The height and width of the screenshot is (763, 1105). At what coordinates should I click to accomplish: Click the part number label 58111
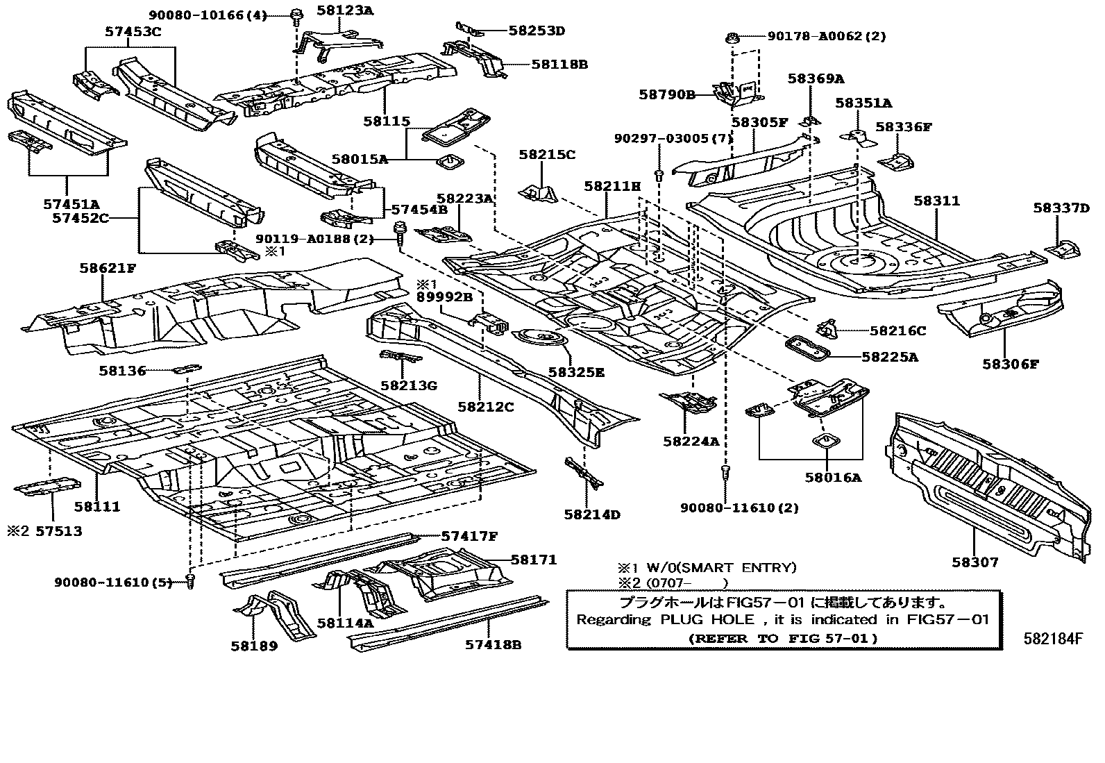click(x=97, y=506)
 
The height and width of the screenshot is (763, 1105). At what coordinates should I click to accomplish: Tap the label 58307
click(x=975, y=562)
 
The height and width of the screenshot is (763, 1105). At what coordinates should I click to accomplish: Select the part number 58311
click(x=937, y=201)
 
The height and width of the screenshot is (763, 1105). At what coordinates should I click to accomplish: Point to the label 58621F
click(x=108, y=268)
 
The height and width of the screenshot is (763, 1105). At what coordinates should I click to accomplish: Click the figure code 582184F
click(x=1053, y=639)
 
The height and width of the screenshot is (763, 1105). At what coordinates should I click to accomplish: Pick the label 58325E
click(x=576, y=372)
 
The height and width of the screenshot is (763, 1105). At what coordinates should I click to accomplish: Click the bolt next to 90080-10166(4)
click(x=296, y=16)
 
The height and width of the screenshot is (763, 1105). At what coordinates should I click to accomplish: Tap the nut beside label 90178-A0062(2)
click(x=732, y=37)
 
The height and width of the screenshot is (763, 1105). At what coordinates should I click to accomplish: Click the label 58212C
click(x=486, y=407)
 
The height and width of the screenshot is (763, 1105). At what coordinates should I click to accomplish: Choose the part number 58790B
click(x=667, y=94)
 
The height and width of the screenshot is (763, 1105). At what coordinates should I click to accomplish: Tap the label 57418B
click(x=494, y=644)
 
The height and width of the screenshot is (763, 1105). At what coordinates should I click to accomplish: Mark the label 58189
click(x=254, y=646)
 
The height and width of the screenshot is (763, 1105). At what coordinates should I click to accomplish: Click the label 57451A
click(x=71, y=204)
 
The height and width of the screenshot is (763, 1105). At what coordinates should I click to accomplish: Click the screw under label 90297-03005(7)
click(x=659, y=176)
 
